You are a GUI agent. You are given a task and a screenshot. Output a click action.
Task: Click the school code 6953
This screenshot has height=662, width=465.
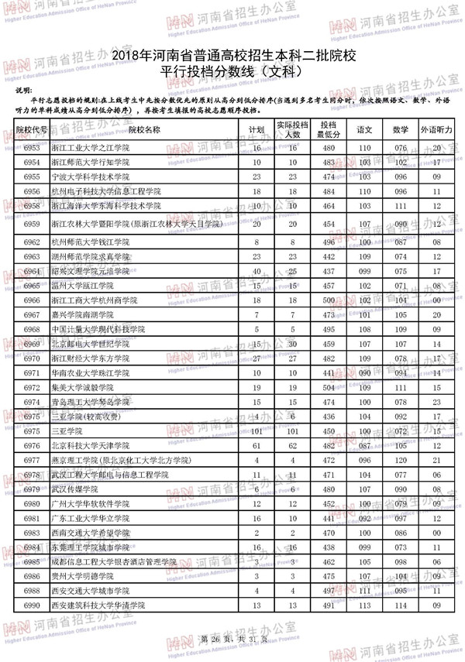click(32, 147)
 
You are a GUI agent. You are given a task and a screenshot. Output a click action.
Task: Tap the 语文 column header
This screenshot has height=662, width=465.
click(364, 129)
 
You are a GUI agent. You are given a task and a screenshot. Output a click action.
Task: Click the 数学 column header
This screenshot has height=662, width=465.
click(401, 129)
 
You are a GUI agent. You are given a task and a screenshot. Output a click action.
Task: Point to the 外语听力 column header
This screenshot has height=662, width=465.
click(436, 129)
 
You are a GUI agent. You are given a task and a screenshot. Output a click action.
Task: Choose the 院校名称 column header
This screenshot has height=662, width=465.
click(144, 129)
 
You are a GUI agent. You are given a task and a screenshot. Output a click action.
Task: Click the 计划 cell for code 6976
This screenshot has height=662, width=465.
click(256, 445)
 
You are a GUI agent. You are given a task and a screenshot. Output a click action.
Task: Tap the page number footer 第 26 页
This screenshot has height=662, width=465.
click(216, 639)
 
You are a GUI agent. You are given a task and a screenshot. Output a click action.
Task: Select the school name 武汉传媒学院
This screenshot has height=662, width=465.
click(75, 489)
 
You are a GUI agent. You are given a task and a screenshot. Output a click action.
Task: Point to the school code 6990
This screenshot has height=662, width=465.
click(32, 605)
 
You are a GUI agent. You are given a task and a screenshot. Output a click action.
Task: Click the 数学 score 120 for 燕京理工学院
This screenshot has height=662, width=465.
click(401, 460)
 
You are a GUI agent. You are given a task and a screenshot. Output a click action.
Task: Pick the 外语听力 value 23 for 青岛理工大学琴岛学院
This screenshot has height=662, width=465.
click(436, 402)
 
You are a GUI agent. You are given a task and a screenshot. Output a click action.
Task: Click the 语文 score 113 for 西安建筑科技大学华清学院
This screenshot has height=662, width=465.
click(364, 605)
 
